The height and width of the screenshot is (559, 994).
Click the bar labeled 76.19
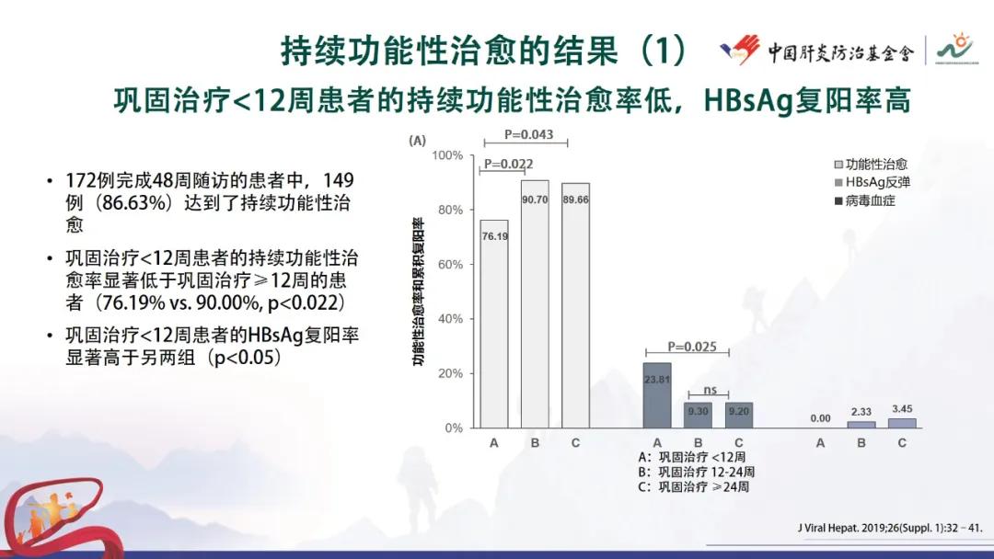pyautogui.click(x=494, y=324)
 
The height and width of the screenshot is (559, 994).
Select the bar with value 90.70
pyautogui.click(x=535, y=303)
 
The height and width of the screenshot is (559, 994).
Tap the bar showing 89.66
pyautogui.click(x=575, y=305)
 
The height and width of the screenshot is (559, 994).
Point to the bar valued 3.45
pyautogui.click(x=902, y=423)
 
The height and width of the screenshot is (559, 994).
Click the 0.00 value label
pyautogui.click(x=820, y=418)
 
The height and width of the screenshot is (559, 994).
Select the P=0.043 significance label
pyautogui.click(x=529, y=135)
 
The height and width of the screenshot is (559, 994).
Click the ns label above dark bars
pyautogui.click(x=710, y=389)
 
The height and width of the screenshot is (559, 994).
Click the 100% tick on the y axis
pyautogui.click(x=446, y=155)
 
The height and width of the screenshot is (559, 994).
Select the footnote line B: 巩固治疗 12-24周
pyautogui.click(x=696, y=472)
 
